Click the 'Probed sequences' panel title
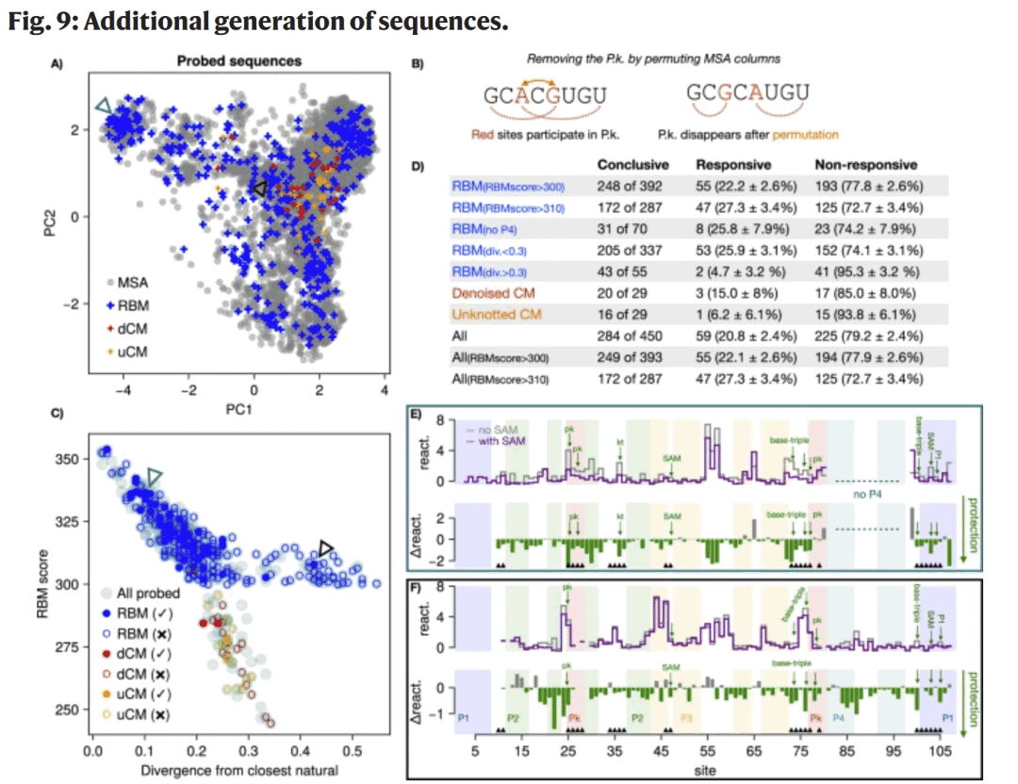(x=239, y=61)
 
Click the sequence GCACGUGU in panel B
(x=544, y=96)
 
